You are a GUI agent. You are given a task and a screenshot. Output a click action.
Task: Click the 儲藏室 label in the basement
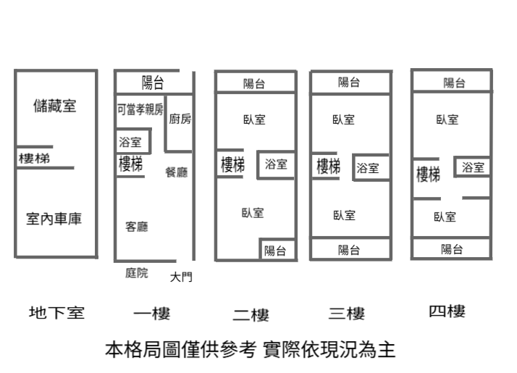coord(55,106)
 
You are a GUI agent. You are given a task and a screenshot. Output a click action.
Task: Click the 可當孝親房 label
coord(140,109)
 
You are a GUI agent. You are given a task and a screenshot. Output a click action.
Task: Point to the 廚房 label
coord(180,120)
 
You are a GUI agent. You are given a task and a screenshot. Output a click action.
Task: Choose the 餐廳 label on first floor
coord(177,172)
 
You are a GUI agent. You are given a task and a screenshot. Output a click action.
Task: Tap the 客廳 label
coord(137,227)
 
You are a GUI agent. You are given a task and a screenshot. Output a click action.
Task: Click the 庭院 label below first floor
coord(137,273)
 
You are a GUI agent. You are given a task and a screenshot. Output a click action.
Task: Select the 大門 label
coord(181,277)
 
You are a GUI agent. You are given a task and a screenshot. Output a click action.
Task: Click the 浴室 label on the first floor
coord(130,142)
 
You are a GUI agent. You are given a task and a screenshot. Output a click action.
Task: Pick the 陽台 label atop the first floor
coord(153,81)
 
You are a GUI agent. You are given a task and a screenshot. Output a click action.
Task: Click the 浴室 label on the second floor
coord(276,164)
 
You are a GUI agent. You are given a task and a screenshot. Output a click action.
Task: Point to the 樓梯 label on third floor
coord(329,167)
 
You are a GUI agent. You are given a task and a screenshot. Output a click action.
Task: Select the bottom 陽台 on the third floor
coord(349,250)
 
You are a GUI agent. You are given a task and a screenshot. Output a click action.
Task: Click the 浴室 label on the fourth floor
coord(474,167)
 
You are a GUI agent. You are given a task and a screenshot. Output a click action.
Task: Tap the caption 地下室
coord(57,313)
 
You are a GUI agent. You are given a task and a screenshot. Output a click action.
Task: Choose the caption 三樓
coord(347,314)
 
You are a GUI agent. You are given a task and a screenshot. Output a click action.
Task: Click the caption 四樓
coord(447,311)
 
